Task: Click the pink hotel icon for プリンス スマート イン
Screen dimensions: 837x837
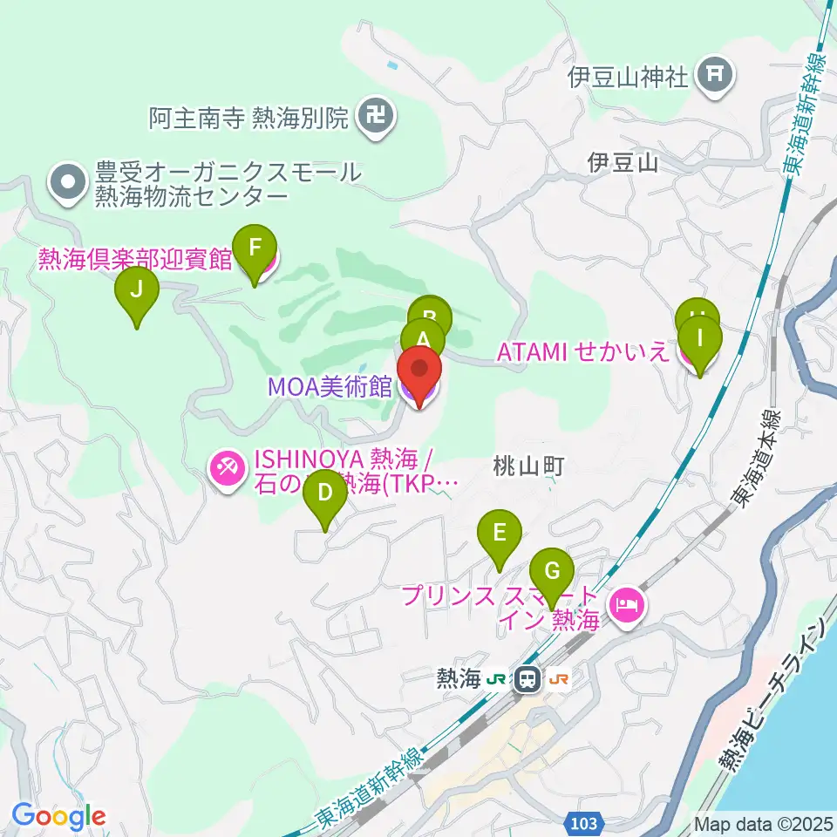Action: point(628,604)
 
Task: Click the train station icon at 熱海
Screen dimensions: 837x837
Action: point(527,678)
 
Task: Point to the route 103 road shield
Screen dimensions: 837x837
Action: point(586,821)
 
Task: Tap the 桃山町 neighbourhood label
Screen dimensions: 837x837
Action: point(529,466)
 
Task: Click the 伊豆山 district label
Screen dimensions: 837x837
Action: point(623,162)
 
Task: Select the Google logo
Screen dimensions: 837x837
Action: point(58,816)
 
